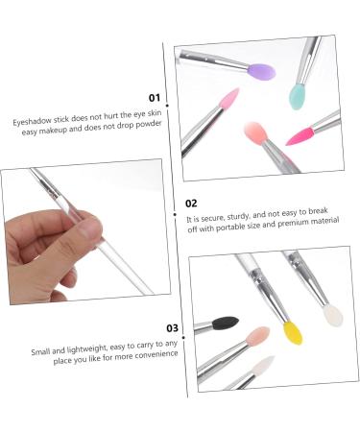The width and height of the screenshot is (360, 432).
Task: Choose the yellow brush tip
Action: [x=292, y=332]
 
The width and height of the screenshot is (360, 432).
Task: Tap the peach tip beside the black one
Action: [x=257, y=338]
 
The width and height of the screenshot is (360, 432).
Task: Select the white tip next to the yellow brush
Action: [x=332, y=314]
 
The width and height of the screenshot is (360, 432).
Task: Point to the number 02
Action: [x=191, y=204]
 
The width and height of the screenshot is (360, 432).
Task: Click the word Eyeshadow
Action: [x=34, y=123]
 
